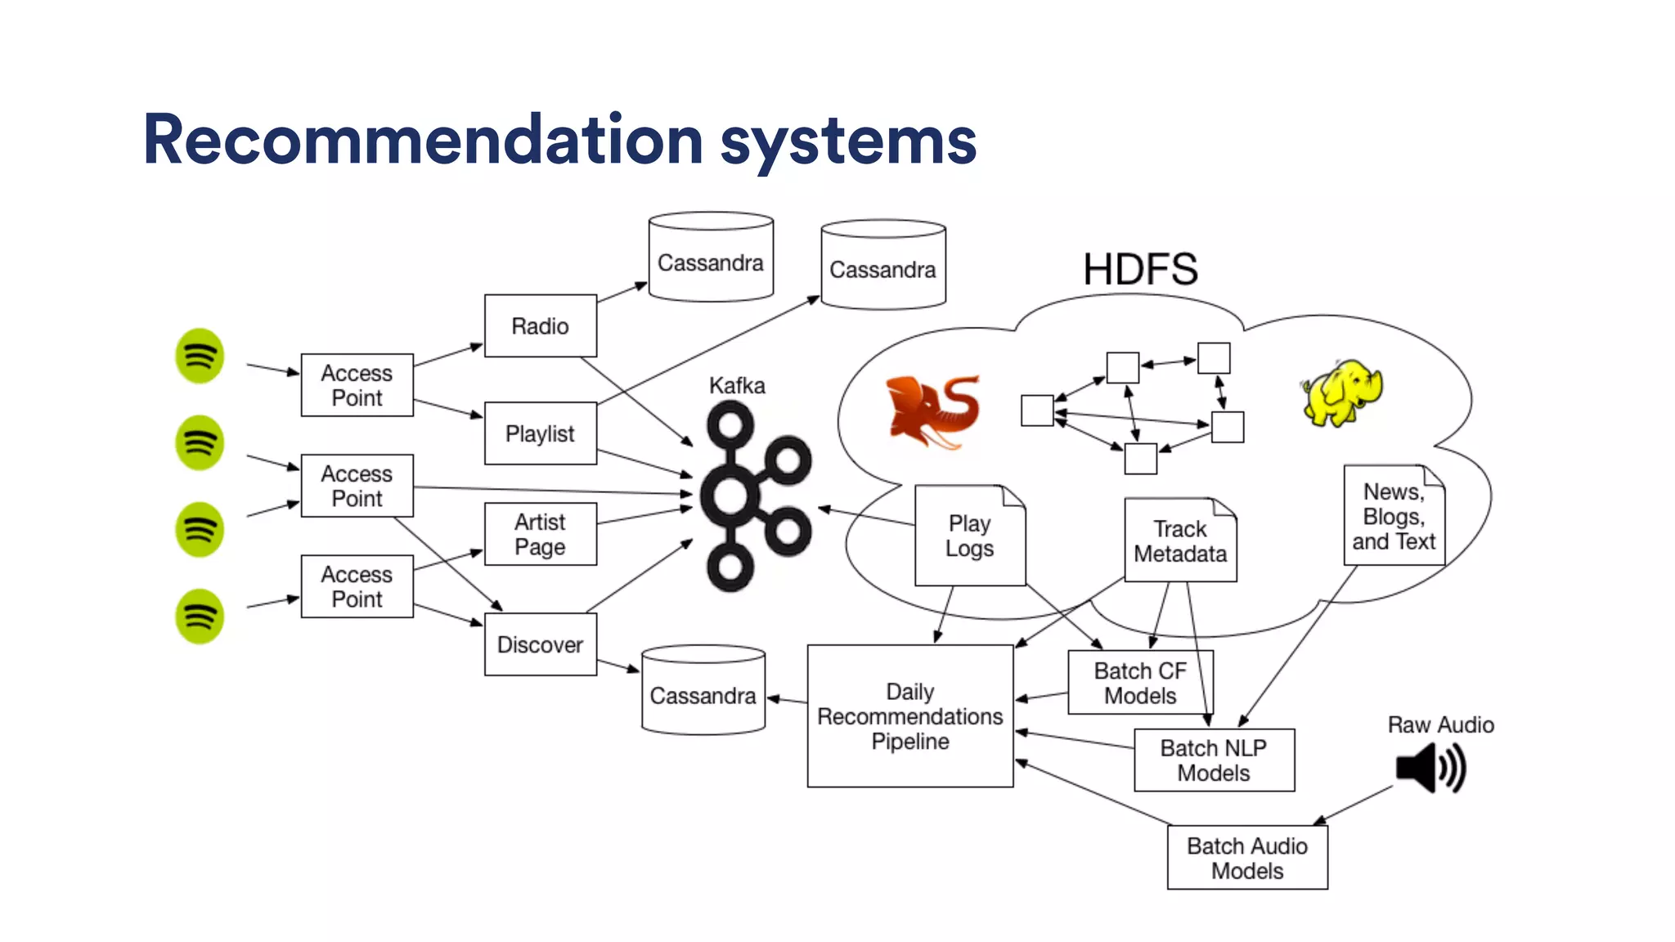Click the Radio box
click(x=540, y=325)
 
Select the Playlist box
click(x=540, y=433)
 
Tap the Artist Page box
click(x=540, y=534)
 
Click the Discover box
click(x=540, y=644)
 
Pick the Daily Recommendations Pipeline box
click(x=909, y=716)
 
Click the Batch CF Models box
click(x=1139, y=683)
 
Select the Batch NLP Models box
click(x=1214, y=760)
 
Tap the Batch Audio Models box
click(x=1246, y=857)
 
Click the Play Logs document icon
click(x=969, y=536)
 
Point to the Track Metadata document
click(x=1179, y=541)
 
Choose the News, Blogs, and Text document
click(x=1394, y=516)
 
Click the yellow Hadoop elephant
click(x=1341, y=393)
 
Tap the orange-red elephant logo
click(x=933, y=411)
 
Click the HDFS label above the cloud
click(x=1140, y=269)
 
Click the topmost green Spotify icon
click(x=200, y=356)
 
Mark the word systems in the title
click(x=848, y=141)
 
